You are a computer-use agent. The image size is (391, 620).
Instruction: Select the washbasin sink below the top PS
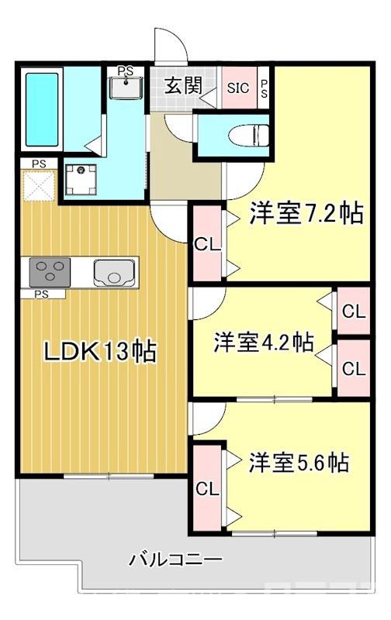tap(125, 88)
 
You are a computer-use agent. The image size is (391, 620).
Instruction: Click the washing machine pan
tap(80, 177)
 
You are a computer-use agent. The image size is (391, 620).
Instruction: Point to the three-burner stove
tap(49, 272)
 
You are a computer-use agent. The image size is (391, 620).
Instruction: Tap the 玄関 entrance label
tap(183, 85)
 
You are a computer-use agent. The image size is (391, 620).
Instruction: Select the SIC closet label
tap(238, 88)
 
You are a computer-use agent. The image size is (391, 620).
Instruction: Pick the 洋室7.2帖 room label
tap(306, 214)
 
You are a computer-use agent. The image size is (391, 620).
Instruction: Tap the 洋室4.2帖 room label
tap(264, 342)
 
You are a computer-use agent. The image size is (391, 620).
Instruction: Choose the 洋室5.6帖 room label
tap(298, 463)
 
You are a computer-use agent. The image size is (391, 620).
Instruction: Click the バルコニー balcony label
tap(175, 559)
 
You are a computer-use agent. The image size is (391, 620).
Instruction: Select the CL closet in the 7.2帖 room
tap(207, 245)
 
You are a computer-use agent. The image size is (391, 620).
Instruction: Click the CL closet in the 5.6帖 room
tap(207, 488)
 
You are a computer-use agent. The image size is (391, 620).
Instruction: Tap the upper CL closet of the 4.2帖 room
tap(354, 312)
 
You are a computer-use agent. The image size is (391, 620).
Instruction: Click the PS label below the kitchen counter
tap(41, 294)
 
